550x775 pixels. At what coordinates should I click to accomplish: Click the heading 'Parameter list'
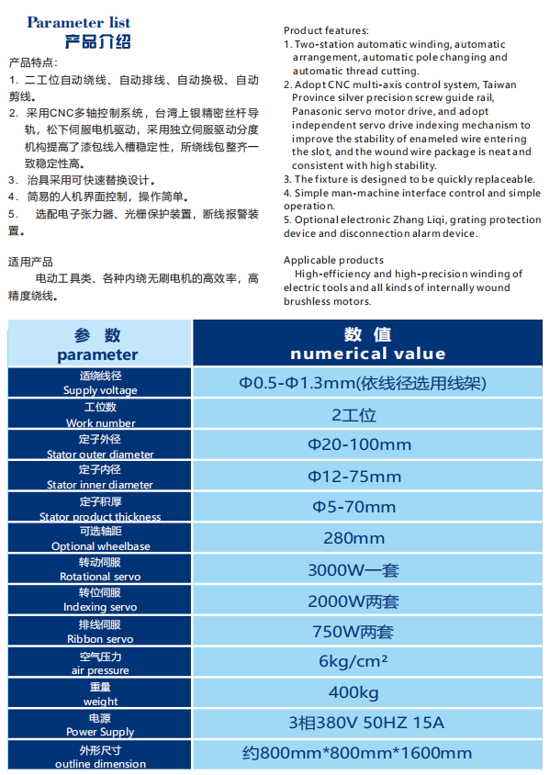pyautogui.click(x=79, y=22)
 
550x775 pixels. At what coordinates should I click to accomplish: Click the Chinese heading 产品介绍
pyautogui.click(x=98, y=41)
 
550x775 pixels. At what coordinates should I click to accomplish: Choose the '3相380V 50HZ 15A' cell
pyautogui.click(x=366, y=723)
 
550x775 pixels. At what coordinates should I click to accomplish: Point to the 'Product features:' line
pyautogui.click(x=326, y=31)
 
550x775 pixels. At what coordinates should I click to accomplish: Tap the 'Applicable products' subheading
pyautogui.click(x=333, y=261)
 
